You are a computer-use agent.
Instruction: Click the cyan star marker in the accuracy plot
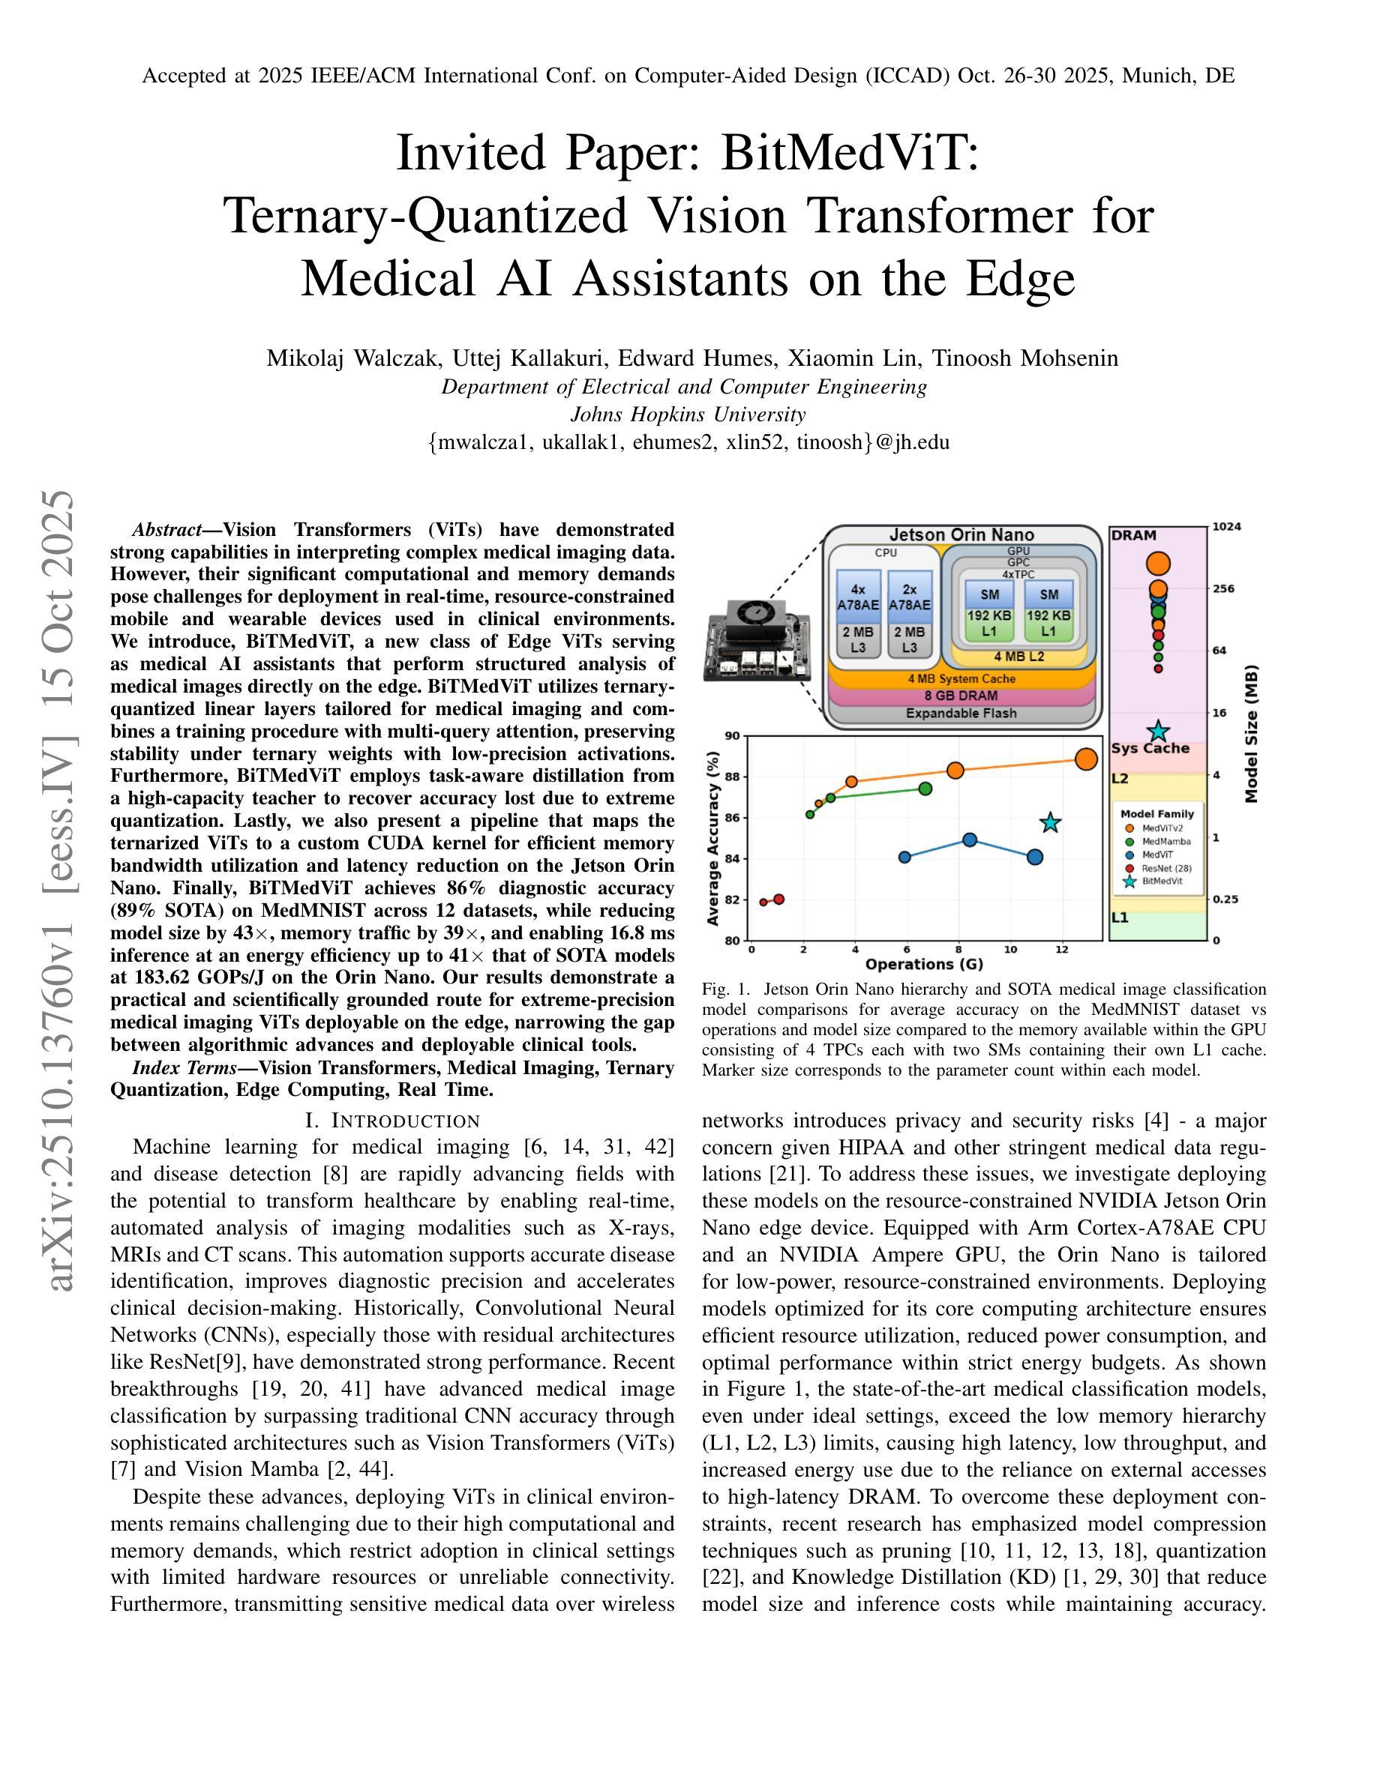click(x=1051, y=823)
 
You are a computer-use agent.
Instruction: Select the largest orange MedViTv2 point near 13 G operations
click(x=1086, y=759)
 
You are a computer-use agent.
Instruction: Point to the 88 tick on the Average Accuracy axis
click(x=732, y=777)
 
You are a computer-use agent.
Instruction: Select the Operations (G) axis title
click(x=923, y=964)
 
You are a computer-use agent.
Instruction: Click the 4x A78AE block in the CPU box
click(x=858, y=597)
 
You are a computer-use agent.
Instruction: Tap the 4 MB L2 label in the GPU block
click(x=1019, y=657)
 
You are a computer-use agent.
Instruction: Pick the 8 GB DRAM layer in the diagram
click(x=961, y=696)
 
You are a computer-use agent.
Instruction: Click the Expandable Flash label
click(x=961, y=714)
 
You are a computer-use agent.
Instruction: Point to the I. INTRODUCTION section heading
click(x=392, y=1121)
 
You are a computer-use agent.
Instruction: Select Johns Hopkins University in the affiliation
click(x=688, y=415)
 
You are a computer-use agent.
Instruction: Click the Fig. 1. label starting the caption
click(x=725, y=989)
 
